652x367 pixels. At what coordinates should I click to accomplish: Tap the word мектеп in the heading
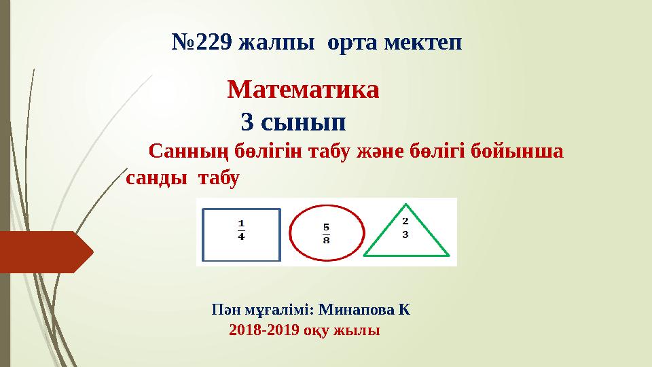point(423,44)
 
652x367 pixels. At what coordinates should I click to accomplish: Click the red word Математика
point(303,89)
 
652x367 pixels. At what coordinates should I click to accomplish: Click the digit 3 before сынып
point(248,123)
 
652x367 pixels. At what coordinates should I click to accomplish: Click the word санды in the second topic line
point(156,178)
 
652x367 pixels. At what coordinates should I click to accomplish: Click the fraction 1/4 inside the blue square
point(242,230)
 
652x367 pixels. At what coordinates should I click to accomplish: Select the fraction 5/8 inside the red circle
point(326,232)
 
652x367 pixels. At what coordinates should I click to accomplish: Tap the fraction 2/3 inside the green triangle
point(405,228)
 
